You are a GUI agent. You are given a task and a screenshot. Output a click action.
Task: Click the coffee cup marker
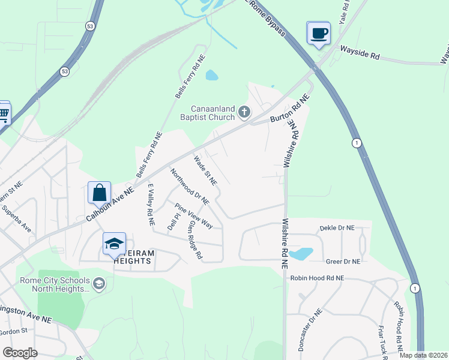coord(319,32)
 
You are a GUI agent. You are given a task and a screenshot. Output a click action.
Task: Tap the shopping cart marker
coord(3,112)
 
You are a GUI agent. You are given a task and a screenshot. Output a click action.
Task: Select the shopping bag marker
coord(99,193)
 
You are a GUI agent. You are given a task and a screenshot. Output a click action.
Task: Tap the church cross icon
coord(244,112)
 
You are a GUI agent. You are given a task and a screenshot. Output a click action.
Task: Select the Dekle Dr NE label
coord(337,228)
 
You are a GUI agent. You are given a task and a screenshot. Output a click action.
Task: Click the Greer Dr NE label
coord(342,262)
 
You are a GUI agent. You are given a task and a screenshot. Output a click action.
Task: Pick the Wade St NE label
coord(204,170)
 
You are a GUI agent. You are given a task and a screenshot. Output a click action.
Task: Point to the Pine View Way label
coord(193,216)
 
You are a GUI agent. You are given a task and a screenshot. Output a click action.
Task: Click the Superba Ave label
coord(16,219)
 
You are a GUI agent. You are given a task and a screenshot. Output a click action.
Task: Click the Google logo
coord(20,352)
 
